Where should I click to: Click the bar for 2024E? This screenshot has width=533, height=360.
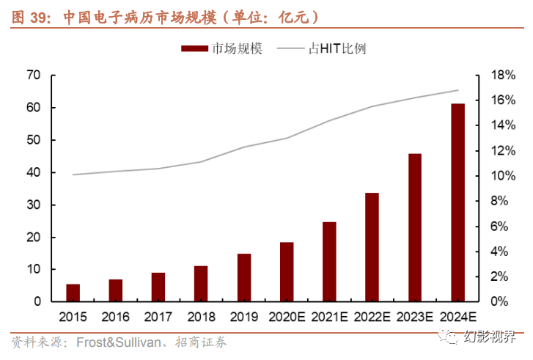[x=457, y=202]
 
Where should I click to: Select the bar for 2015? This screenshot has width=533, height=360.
[x=73, y=293]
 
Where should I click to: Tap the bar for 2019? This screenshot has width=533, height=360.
[x=244, y=277]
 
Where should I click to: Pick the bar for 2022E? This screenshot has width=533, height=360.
[x=372, y=247]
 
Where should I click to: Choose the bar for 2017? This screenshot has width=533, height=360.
[x=158, y=287]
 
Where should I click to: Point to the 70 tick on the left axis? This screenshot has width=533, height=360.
[x=33, y=75]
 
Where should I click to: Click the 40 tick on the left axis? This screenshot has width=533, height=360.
[x=33, y=172]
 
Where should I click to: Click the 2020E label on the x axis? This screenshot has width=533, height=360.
[x=287, y=317]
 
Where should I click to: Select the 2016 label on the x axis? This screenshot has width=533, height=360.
[x=116, y=317]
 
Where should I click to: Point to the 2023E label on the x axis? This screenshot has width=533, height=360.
[x=415, y=317]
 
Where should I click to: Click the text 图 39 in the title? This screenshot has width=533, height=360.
[x=26, y=16]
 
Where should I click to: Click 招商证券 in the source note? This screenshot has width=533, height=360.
[x=202, y=342]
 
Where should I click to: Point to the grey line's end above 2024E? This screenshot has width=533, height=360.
[x=457, y=90]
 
